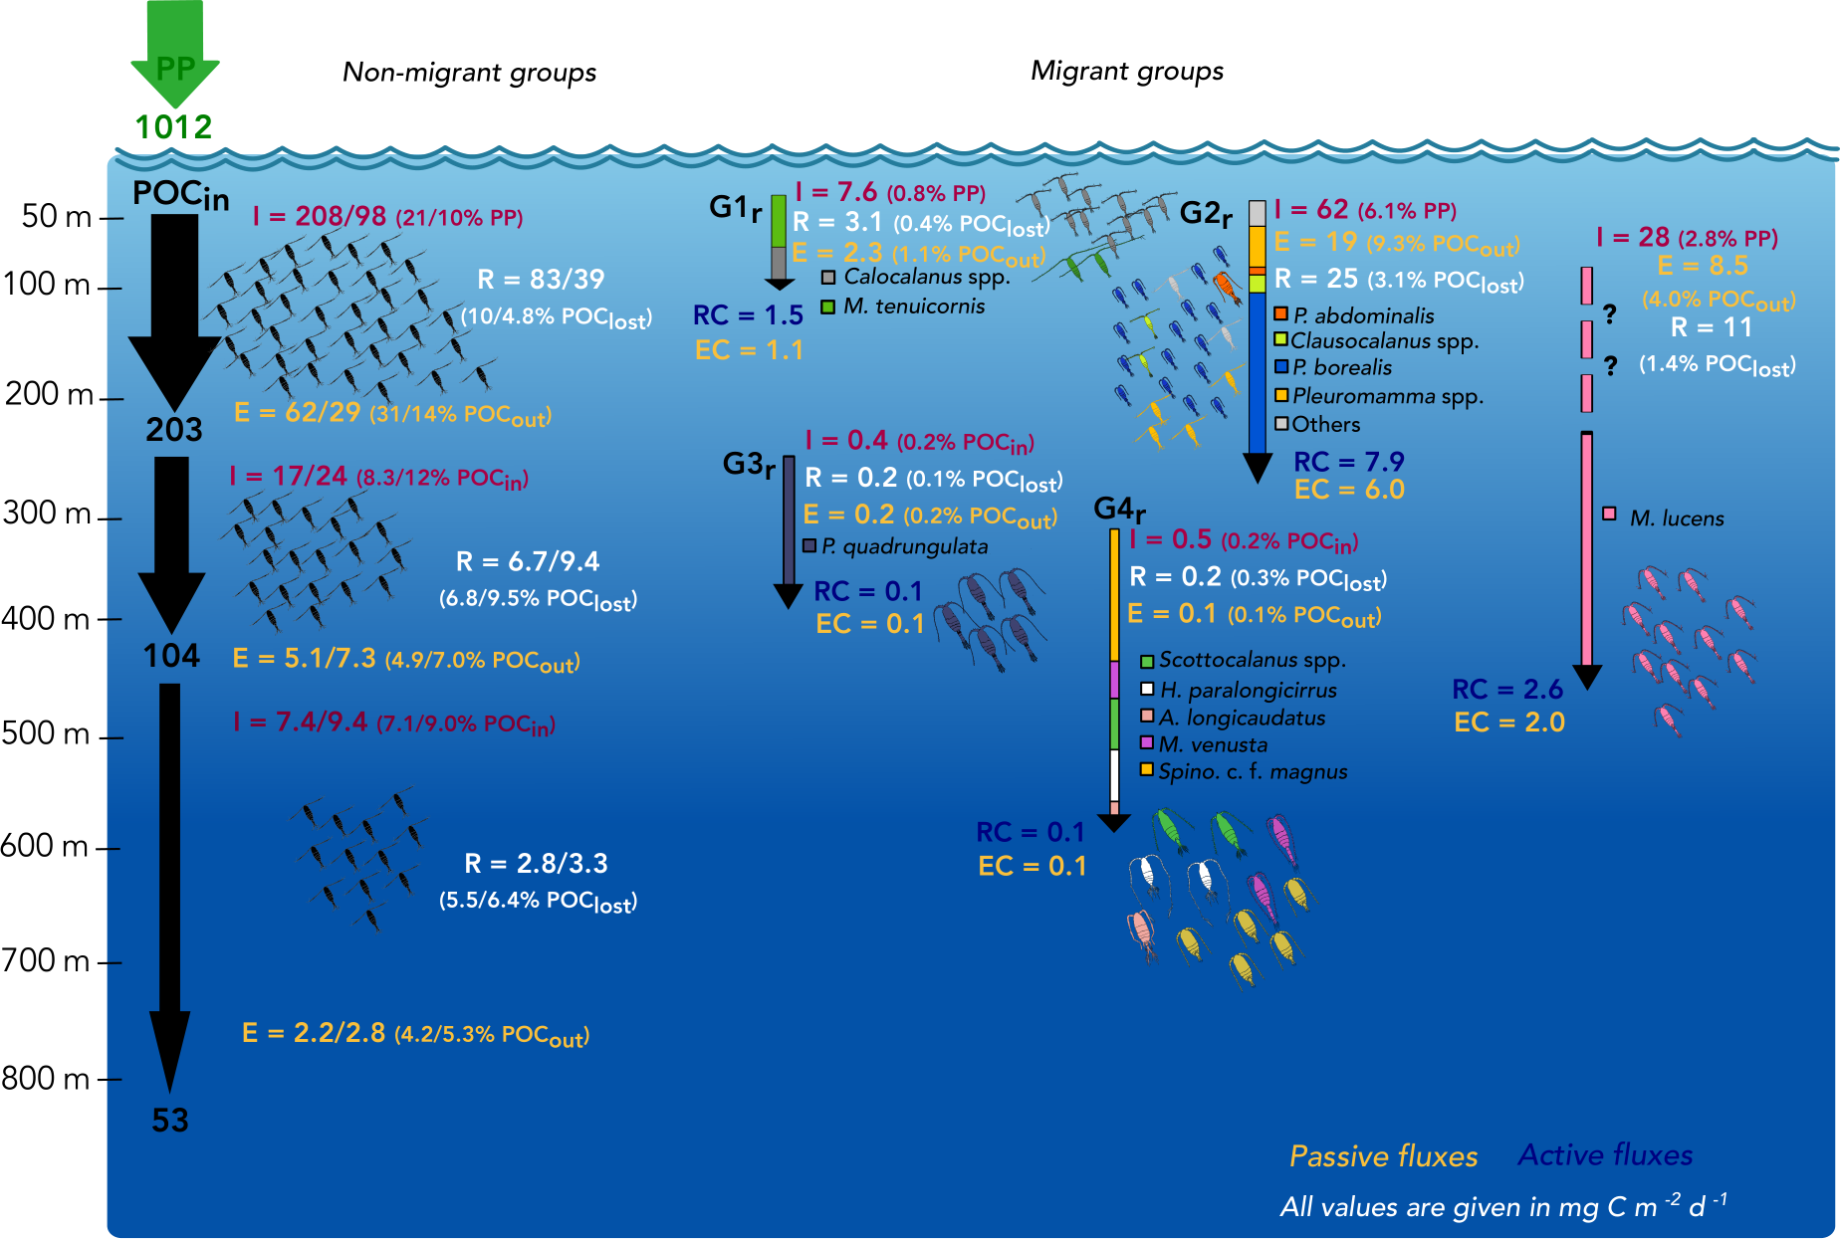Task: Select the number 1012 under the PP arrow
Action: coord(174,126)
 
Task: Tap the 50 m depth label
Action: coord(57,216)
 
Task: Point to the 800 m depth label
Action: coord(47,1078)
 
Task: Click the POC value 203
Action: coord(174,429)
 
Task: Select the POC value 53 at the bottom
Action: coord(170,1121)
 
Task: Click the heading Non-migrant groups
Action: coord(469,72)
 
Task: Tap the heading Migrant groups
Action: coord(1126,71)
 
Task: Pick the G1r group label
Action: coord(736,208)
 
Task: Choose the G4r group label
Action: coord(1119,510)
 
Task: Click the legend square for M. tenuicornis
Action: coord(827,307)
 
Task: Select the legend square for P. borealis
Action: coord(1281,367)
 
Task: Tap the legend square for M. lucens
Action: coord(1609,514)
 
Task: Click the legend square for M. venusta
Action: coord(1147,743)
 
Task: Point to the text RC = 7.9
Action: coord(1348,462)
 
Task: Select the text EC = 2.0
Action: coord(1508,723)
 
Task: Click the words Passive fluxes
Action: coord(1383,1155)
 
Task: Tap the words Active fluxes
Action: coord(1605,1154)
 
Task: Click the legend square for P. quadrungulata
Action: coord(809,545)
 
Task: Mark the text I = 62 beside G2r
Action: coord(1311,209)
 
